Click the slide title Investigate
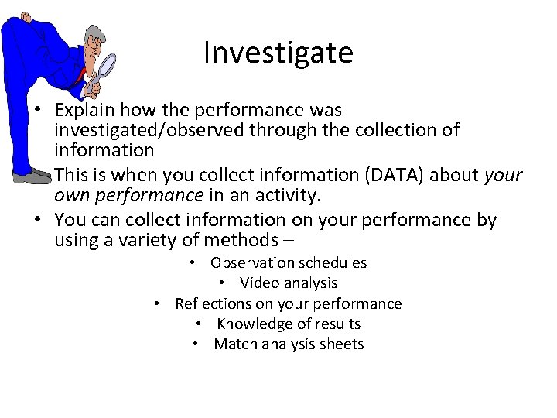[278, 53]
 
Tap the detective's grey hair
[94, 35]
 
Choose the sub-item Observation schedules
[288, 263]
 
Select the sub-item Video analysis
[288, 283]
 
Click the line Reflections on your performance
[288, 303]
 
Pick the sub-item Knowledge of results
[288, 324]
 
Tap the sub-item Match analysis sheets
[288, 344]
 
